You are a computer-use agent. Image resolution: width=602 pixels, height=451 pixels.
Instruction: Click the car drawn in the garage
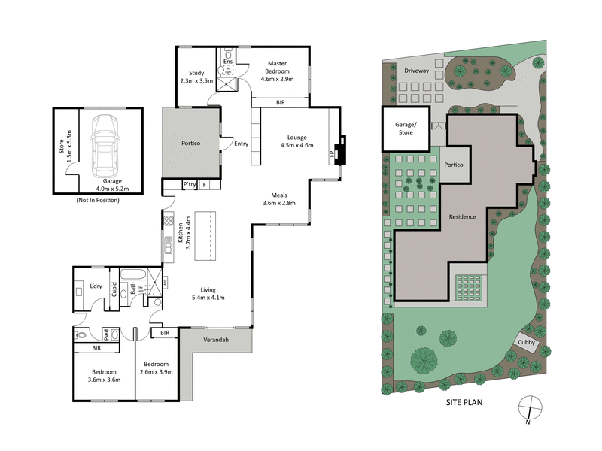coord(105,143)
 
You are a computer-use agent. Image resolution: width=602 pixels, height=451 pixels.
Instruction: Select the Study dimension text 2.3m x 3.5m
coord(197,80)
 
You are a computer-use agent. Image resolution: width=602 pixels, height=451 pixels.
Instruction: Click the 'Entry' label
coord(241,144)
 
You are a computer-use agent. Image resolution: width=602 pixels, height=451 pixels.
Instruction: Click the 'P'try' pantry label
coord(189,184)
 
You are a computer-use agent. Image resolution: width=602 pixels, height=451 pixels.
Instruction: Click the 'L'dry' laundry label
coord(96,286)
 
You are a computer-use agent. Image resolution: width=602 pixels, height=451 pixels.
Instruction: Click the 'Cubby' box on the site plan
coord(528,343)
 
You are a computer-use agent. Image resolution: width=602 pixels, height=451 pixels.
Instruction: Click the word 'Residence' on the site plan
coord(462,216)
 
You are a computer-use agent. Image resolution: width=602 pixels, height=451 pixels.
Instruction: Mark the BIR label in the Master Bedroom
coord(281,101)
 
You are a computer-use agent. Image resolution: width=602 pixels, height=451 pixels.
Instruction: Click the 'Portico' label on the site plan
coord(453,165)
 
